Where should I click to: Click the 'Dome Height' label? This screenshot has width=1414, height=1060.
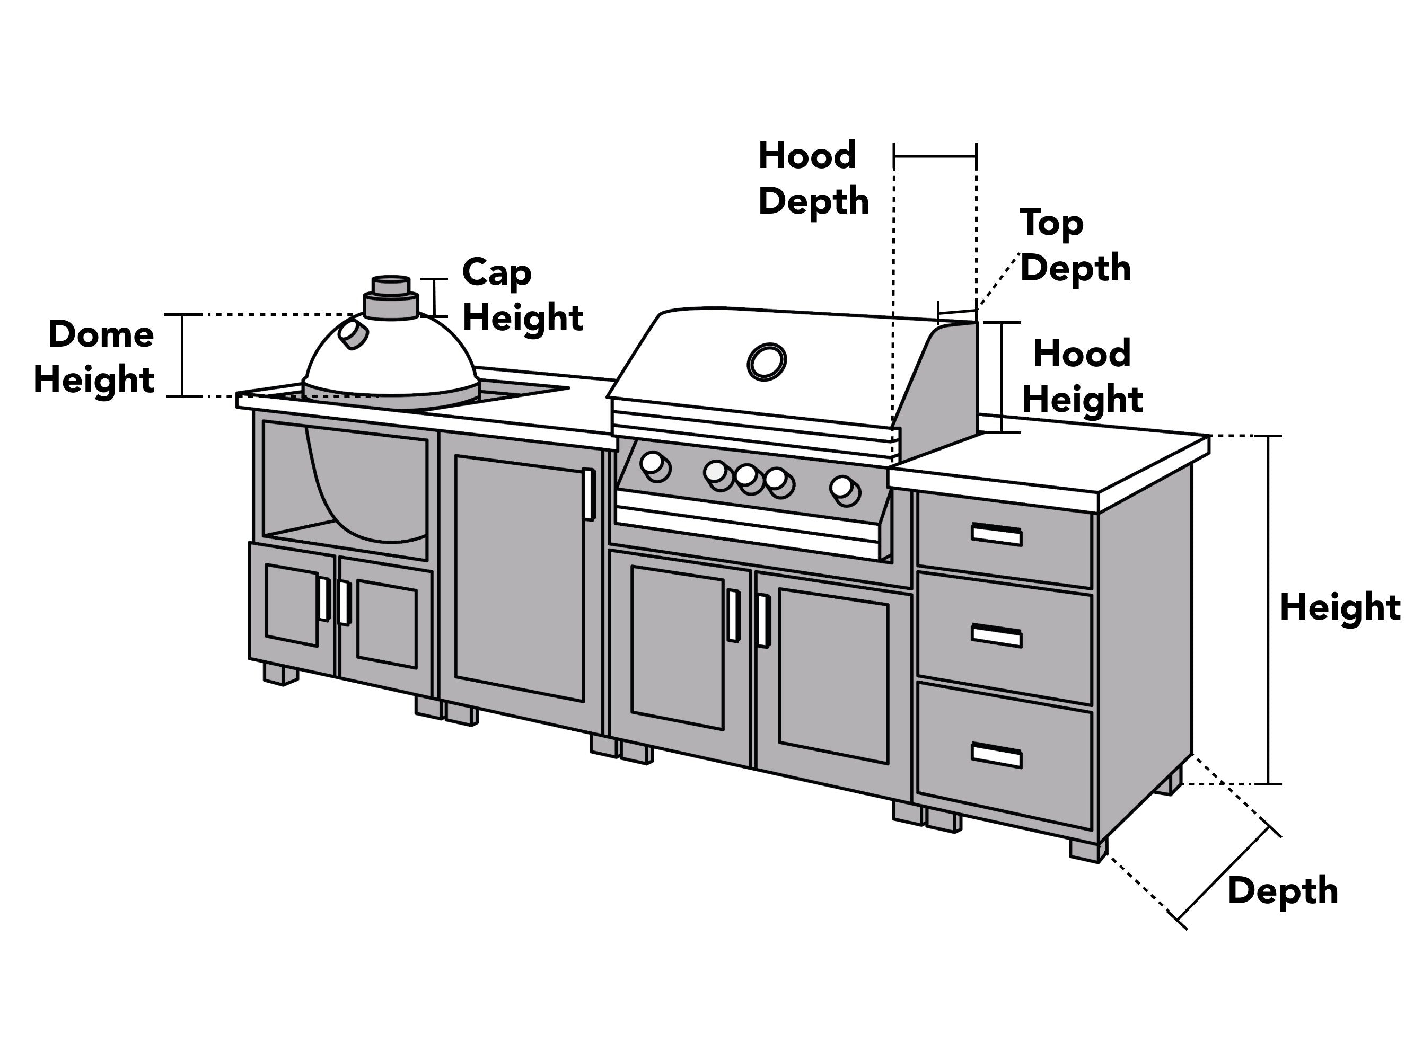94,357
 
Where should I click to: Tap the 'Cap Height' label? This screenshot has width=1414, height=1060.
522,295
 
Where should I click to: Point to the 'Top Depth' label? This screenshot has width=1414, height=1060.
1075,245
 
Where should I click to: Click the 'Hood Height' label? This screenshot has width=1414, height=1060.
1082,376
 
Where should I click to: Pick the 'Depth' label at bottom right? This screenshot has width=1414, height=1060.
1283,892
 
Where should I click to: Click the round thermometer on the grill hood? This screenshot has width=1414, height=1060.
767,361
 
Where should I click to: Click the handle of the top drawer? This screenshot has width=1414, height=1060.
996,534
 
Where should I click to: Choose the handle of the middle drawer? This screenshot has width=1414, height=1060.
996,636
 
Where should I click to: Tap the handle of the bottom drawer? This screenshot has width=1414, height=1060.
996,755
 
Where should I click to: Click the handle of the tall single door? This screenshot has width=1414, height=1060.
588,494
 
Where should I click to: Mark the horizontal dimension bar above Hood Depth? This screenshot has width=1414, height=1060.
935,155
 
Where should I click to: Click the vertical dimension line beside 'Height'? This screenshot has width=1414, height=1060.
1269,610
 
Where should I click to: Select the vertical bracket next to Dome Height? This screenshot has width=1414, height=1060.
183,355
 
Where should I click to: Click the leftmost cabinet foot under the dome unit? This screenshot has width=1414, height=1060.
280,675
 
